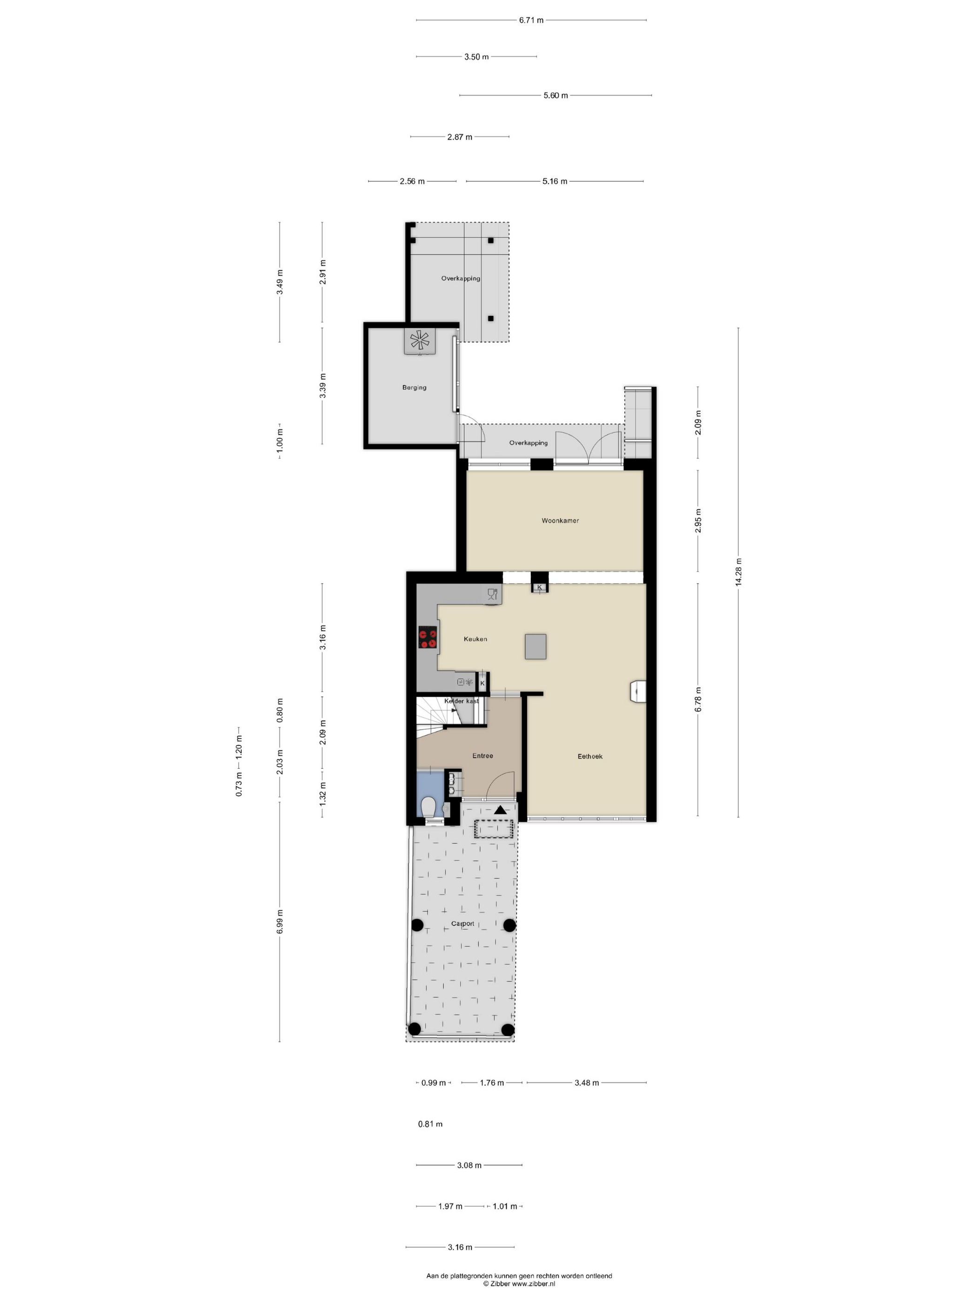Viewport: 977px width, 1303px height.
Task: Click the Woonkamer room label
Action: [x=560, y=520]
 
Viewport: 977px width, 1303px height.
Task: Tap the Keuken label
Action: [x=475, y=638]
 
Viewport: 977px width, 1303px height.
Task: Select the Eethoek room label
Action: [x=589, y=756]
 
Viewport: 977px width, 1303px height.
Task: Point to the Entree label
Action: [x=482, y=756]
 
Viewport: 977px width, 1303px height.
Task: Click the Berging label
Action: [x=414, y=388]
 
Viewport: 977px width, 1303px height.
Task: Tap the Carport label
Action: [x=462, y=924]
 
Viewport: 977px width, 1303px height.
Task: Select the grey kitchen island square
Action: [x=536, y=647]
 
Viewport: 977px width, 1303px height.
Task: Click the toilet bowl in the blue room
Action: [x=429, y=806]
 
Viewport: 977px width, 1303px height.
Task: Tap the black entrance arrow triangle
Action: [x=501, y=810]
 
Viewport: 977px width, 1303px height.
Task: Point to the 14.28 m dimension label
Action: [x=738, y=572]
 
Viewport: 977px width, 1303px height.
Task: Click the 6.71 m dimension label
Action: [x=531, y=20]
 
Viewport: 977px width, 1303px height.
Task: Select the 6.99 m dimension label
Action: [x=280, y=921]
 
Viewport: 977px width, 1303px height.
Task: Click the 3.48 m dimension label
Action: [x=587, y=1083]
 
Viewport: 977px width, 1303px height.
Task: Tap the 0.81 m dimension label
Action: [x=430, y=1124]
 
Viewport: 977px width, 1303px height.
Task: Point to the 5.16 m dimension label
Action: [x=555, y=181]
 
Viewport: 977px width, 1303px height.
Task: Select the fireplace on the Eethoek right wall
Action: [x=638, y=691]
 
